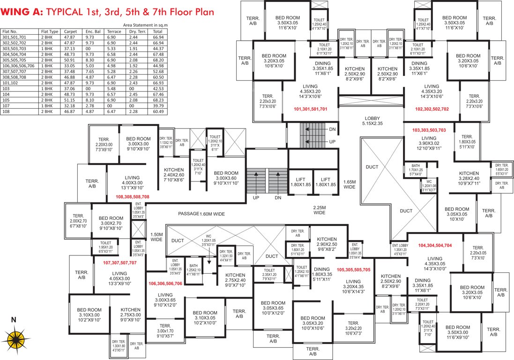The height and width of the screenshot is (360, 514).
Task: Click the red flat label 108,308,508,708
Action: tap(133, 197)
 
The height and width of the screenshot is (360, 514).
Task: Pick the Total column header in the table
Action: tap(158, 31)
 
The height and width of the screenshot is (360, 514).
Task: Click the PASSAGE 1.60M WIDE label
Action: tap(201, 214)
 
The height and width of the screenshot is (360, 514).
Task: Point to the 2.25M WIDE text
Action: tap(320, 210)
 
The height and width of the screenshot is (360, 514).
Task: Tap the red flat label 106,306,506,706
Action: tap(165, 284)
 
